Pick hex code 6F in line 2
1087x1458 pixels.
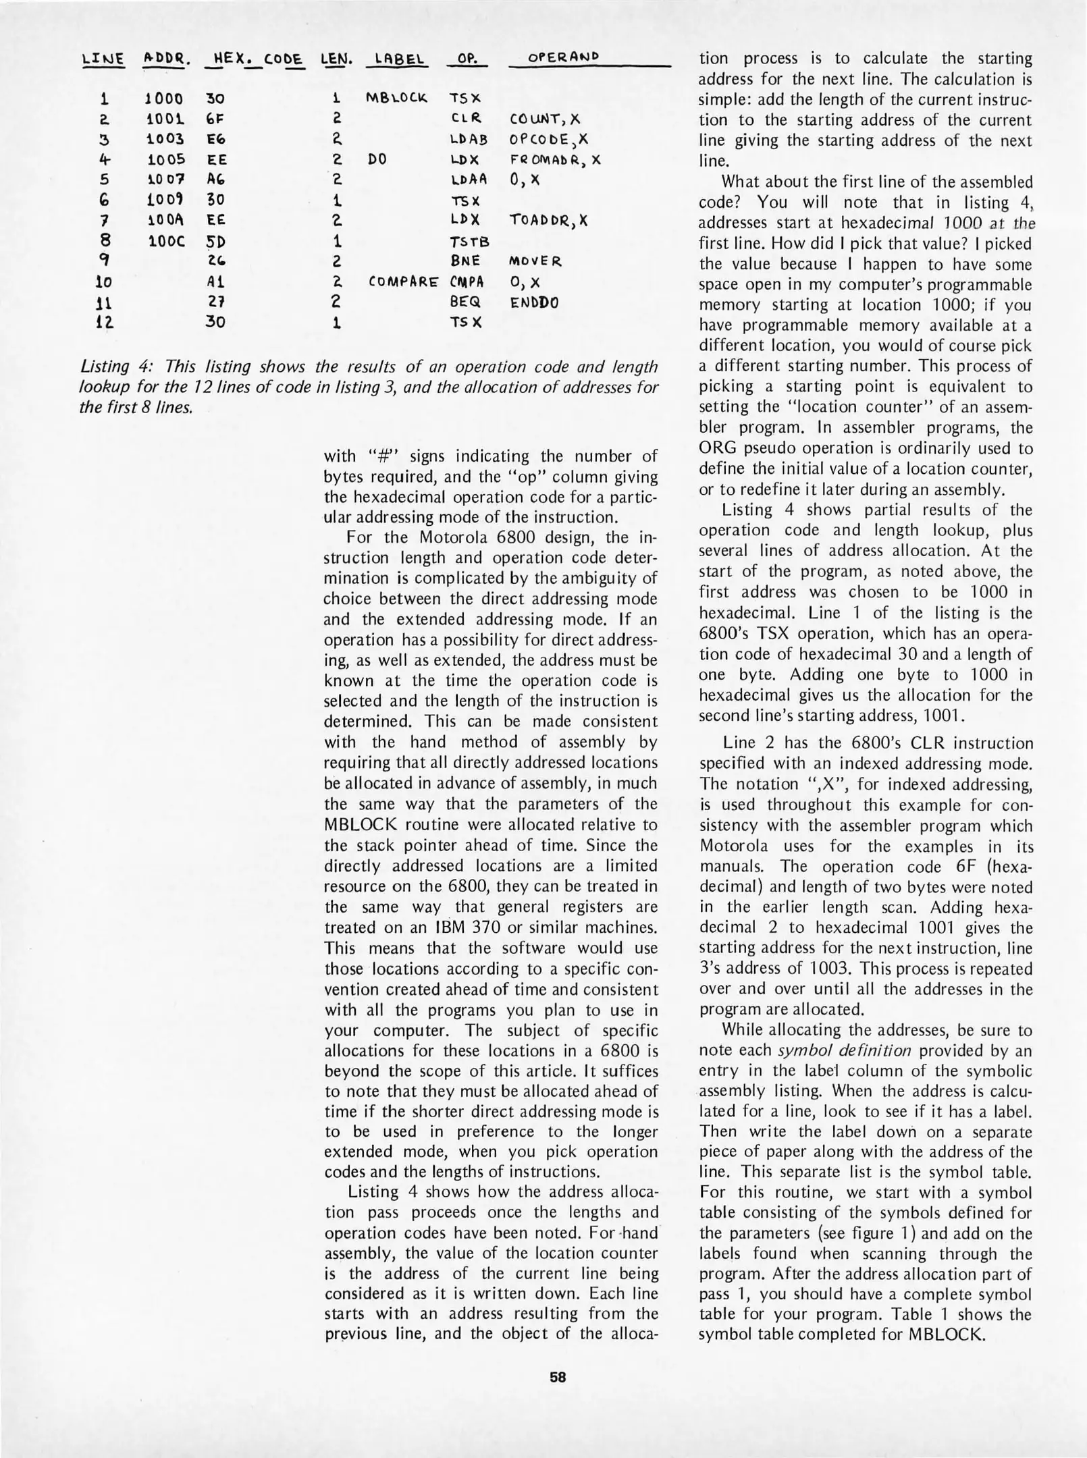[x=215, y=119]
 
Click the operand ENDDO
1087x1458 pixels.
[x=535, y=302]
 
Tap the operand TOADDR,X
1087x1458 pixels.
[x=548, y=221]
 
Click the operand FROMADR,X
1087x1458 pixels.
[x=555, y=160]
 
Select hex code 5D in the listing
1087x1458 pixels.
[x=215, y=241]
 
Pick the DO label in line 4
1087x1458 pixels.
[x=377, y=160]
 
